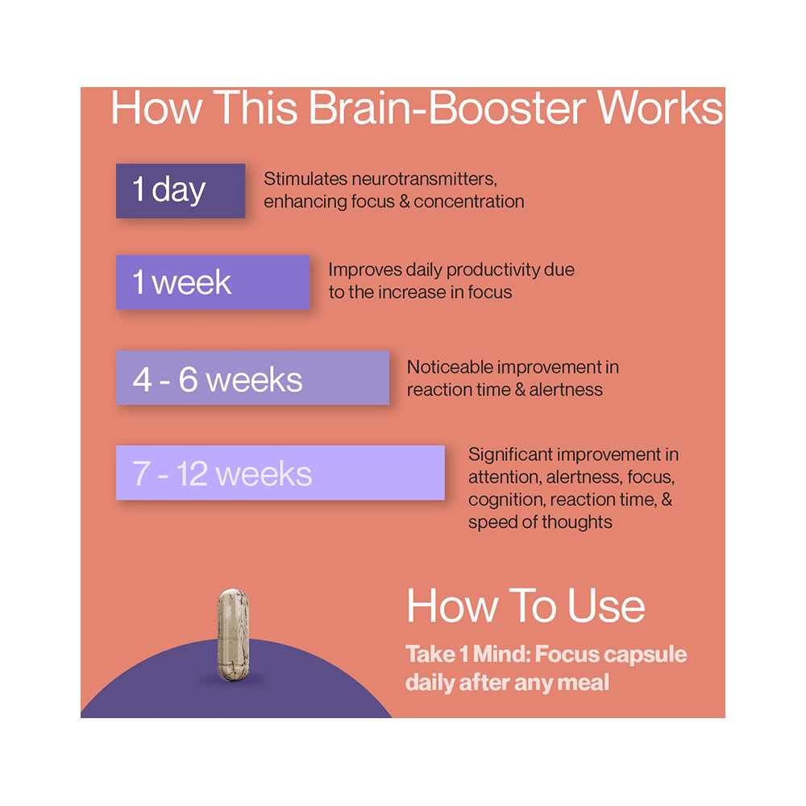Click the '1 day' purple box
[x=180, y=190]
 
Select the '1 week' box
[x=212, y=282]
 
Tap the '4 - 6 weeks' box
[x=251, y=377]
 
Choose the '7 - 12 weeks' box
[x=280, y=472]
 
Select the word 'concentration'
[x=469, y=201]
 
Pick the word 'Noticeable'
[x=450, y=367]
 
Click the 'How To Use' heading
[x=526, y=606]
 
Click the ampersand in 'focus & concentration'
[x=404, y=201]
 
